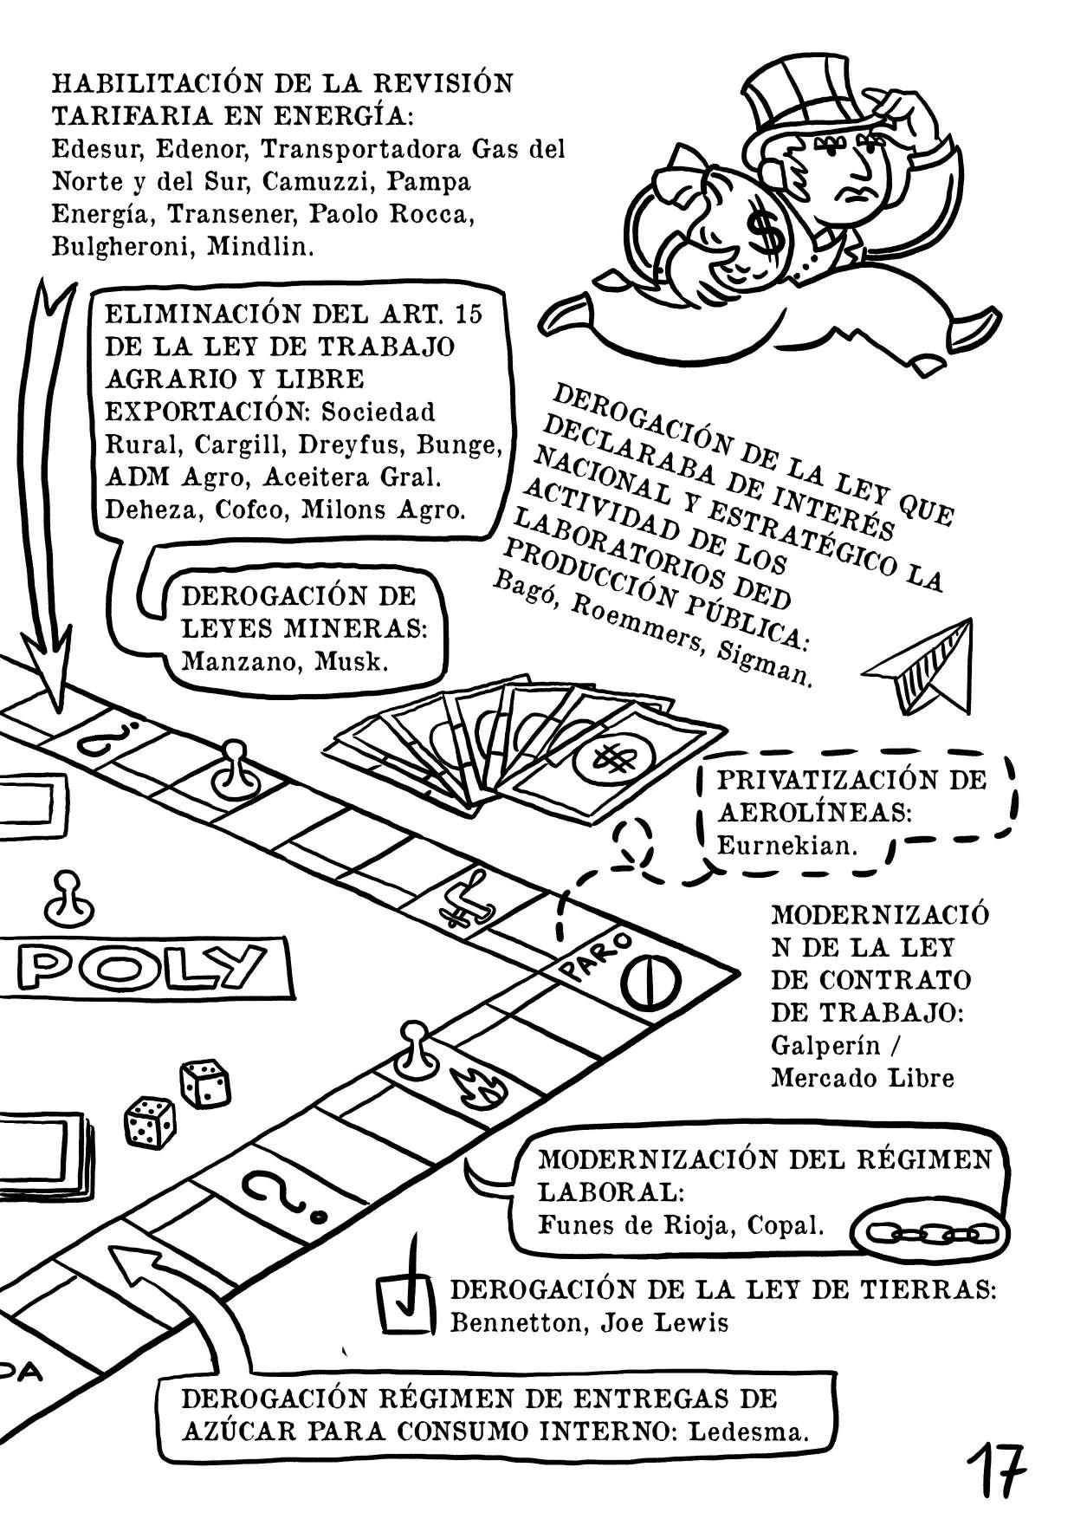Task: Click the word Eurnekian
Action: tap(786, 845)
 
